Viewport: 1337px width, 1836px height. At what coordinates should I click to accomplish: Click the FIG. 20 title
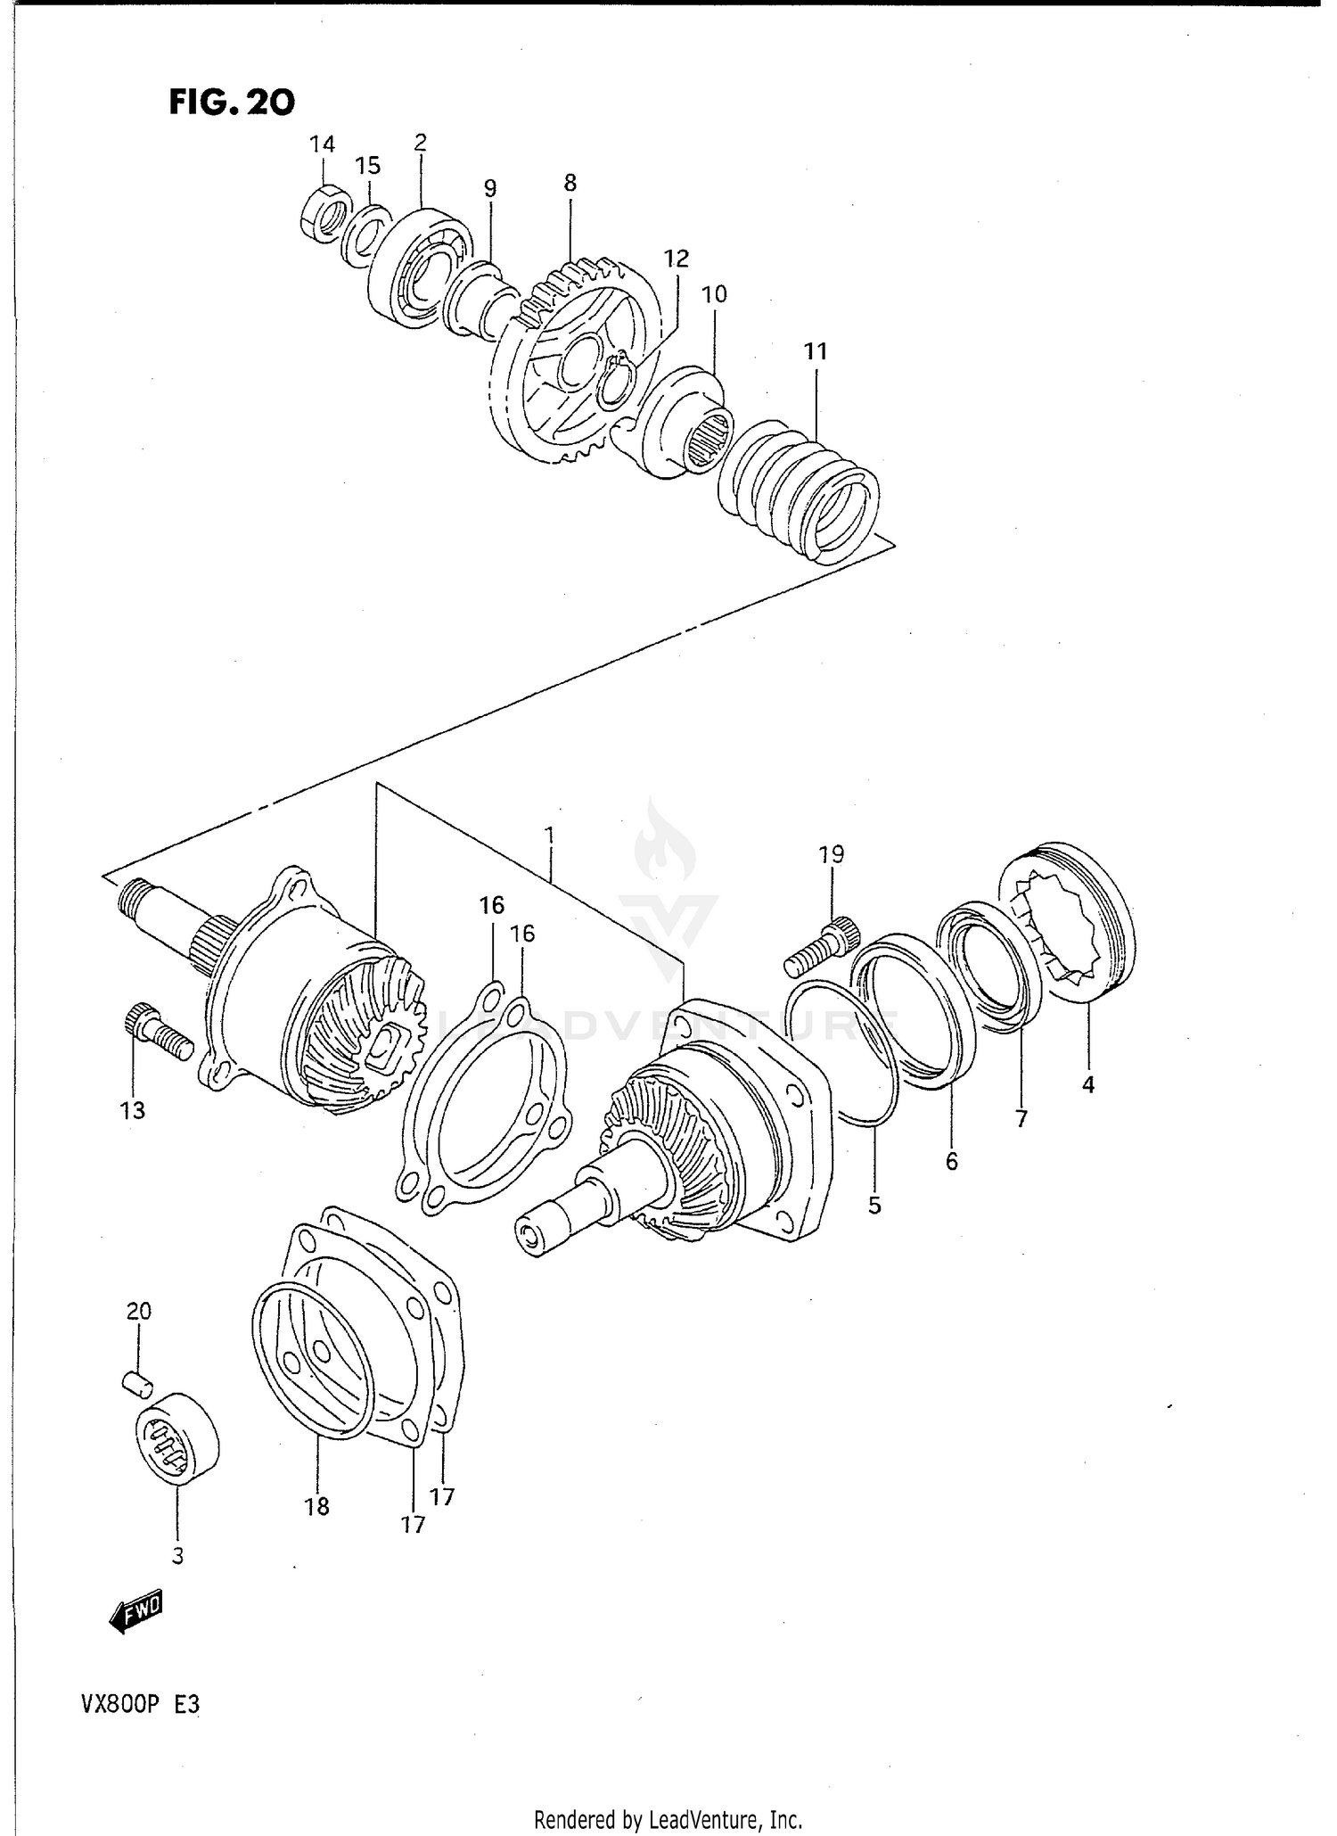coord(232,103)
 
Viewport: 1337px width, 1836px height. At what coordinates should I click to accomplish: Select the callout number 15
coord(367,166)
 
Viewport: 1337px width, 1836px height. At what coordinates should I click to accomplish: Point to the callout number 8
coord(570,183)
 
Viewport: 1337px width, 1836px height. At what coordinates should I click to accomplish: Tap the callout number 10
coord(714,294)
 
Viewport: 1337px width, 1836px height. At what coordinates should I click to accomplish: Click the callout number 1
coord(550,835)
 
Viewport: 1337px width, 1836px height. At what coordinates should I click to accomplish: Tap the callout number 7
coord(1021,1118)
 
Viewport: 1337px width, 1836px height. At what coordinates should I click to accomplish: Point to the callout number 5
coord(874,1206)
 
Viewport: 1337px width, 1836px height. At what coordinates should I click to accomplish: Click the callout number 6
coord(952,1161)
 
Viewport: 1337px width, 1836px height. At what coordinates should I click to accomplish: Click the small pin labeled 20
coord(137,1382)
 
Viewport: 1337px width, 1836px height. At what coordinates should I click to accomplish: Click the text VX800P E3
coord(141,1705)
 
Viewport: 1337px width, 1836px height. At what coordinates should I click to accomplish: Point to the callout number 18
coord(316,1507)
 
